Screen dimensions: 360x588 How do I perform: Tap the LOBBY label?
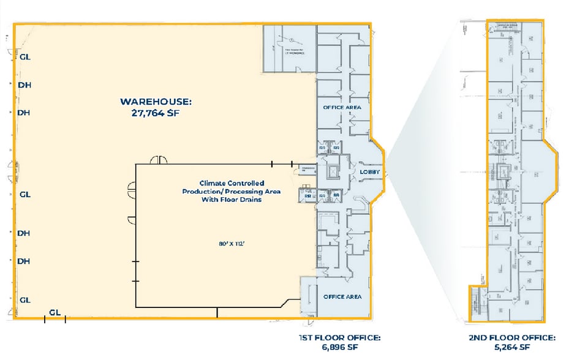pos(369,172)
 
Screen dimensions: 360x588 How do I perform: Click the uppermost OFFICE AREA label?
pos(342,107)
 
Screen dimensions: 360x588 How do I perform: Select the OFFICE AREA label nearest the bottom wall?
pos(342,297)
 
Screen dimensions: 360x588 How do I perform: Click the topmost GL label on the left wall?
pos(25,57)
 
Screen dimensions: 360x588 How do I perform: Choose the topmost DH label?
pos(24,85)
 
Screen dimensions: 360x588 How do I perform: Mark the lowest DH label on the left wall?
pos(24,261)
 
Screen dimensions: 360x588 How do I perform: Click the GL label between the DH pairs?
pos(25,195)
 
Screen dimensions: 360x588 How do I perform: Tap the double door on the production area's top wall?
pos(159,160)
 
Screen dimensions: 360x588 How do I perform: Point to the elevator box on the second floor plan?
pos(505,171)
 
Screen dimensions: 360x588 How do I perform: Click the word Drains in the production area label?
pos(250,200)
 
